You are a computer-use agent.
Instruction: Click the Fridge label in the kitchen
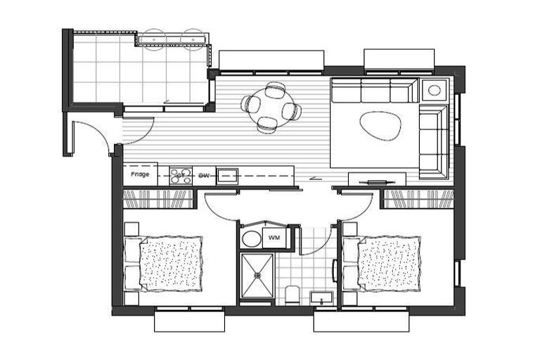click(x=139, y=174)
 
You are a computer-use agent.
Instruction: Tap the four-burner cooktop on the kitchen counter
click(x=181, y=174)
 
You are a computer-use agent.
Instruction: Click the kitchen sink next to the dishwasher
click(x=226, y=174)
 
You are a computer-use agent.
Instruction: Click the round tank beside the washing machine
click(x=250, y=238)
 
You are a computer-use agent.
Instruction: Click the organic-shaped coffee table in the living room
click(x=380, y=125)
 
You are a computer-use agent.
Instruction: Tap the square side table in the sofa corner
click(x=435, y=90)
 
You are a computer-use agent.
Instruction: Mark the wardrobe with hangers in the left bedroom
click(x=158, y=199)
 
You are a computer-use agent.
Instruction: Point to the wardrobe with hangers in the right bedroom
click(x=417, y=199)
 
